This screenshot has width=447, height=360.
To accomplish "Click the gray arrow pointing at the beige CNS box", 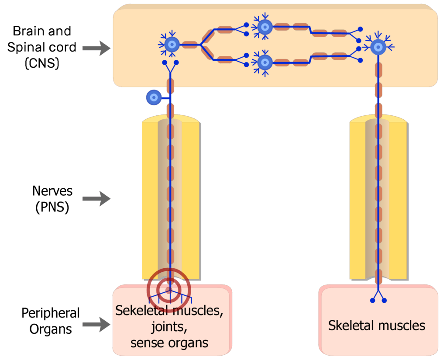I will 96,48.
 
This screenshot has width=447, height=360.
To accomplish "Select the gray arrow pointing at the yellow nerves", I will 96,199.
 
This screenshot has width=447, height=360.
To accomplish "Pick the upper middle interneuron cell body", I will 264,28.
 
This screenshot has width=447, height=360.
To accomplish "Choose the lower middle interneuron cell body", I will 264,62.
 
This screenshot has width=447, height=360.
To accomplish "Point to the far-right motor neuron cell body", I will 378,46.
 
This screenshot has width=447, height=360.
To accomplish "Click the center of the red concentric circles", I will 168,289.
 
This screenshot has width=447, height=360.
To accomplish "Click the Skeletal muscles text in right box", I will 376,325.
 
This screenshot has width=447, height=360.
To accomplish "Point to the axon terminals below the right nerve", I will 378,297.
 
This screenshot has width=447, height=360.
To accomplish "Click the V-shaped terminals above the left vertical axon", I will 170,66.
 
